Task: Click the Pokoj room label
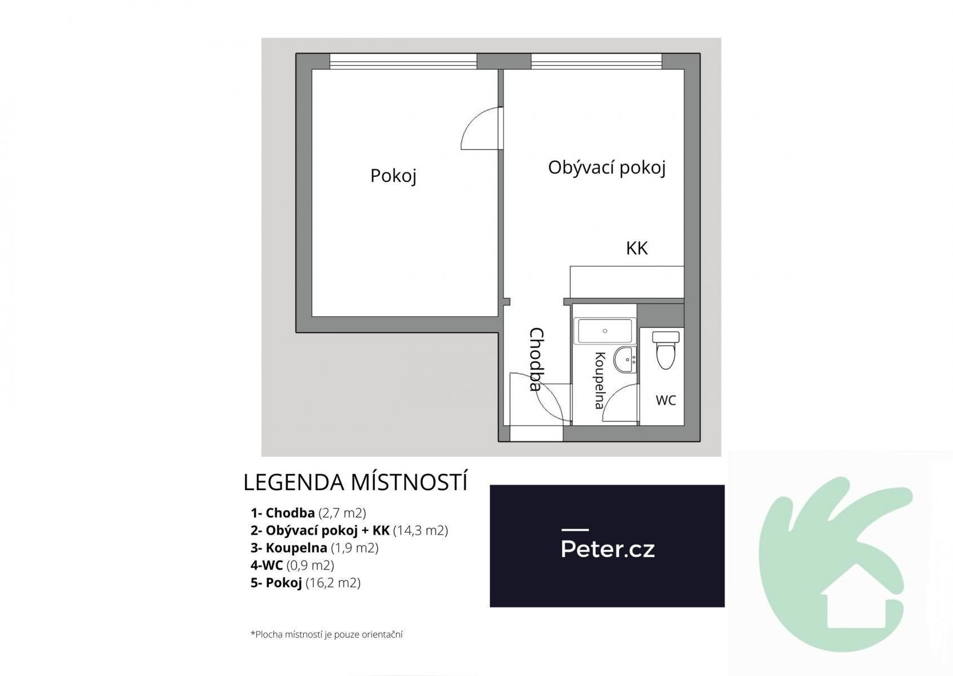click(393, 176)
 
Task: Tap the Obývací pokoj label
click(607, 168)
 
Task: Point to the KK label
click(637, 248)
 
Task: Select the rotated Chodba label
click(537, 359)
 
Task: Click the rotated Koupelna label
click(600, 380)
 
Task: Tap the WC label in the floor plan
click(666, 400)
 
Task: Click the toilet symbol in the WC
click(666, 350)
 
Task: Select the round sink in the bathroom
click(625, 359)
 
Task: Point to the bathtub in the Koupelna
click(605, 331)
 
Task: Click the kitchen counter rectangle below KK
click(627, 282)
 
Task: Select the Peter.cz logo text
click(608, 549)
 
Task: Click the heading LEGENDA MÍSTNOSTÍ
click(355, 482)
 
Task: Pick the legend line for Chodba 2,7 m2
click(308, 513)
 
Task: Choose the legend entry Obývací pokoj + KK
click(320, 531)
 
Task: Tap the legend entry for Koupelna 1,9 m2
click(314, 548)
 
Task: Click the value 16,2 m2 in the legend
click(333, 582)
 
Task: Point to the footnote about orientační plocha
click(326, 634)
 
